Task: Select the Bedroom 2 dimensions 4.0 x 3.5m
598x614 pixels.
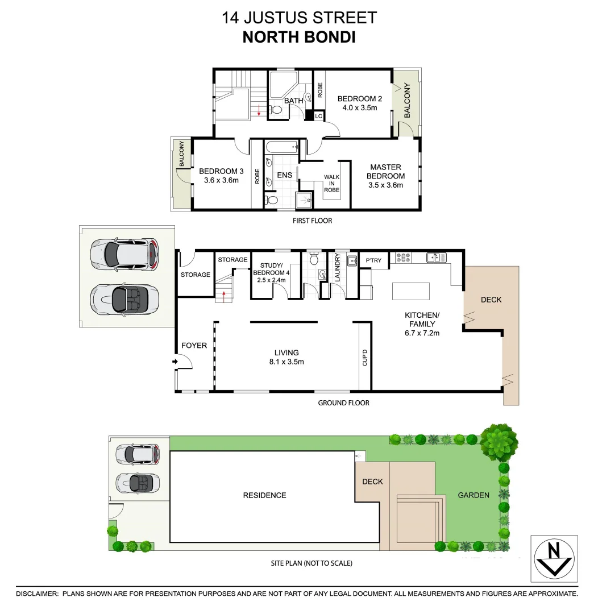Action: pyautogui.click(x=359, y=107)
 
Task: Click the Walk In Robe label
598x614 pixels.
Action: pyautogui.click(x=331, y=184)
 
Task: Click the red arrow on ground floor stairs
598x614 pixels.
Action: pyautogui.click(x=225, y=293)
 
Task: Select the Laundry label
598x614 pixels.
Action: pyautogui.click(x=337, y=267)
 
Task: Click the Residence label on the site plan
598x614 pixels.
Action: pyautogui.click(x=264, y=495)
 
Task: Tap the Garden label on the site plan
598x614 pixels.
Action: pyautogui.click(x=474, y=495)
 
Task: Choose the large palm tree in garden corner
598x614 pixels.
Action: pyautogui.click(x=499, y=441)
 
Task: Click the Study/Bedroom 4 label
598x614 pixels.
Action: pyautogui.click(x=275, y=269)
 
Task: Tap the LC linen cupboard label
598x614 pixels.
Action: pyautogui.click(x=318, y=116)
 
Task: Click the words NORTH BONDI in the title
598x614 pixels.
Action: pyautogui.click(x=298, y=38)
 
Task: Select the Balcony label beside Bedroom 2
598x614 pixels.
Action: pyautogui.click(x=406, y=101)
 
